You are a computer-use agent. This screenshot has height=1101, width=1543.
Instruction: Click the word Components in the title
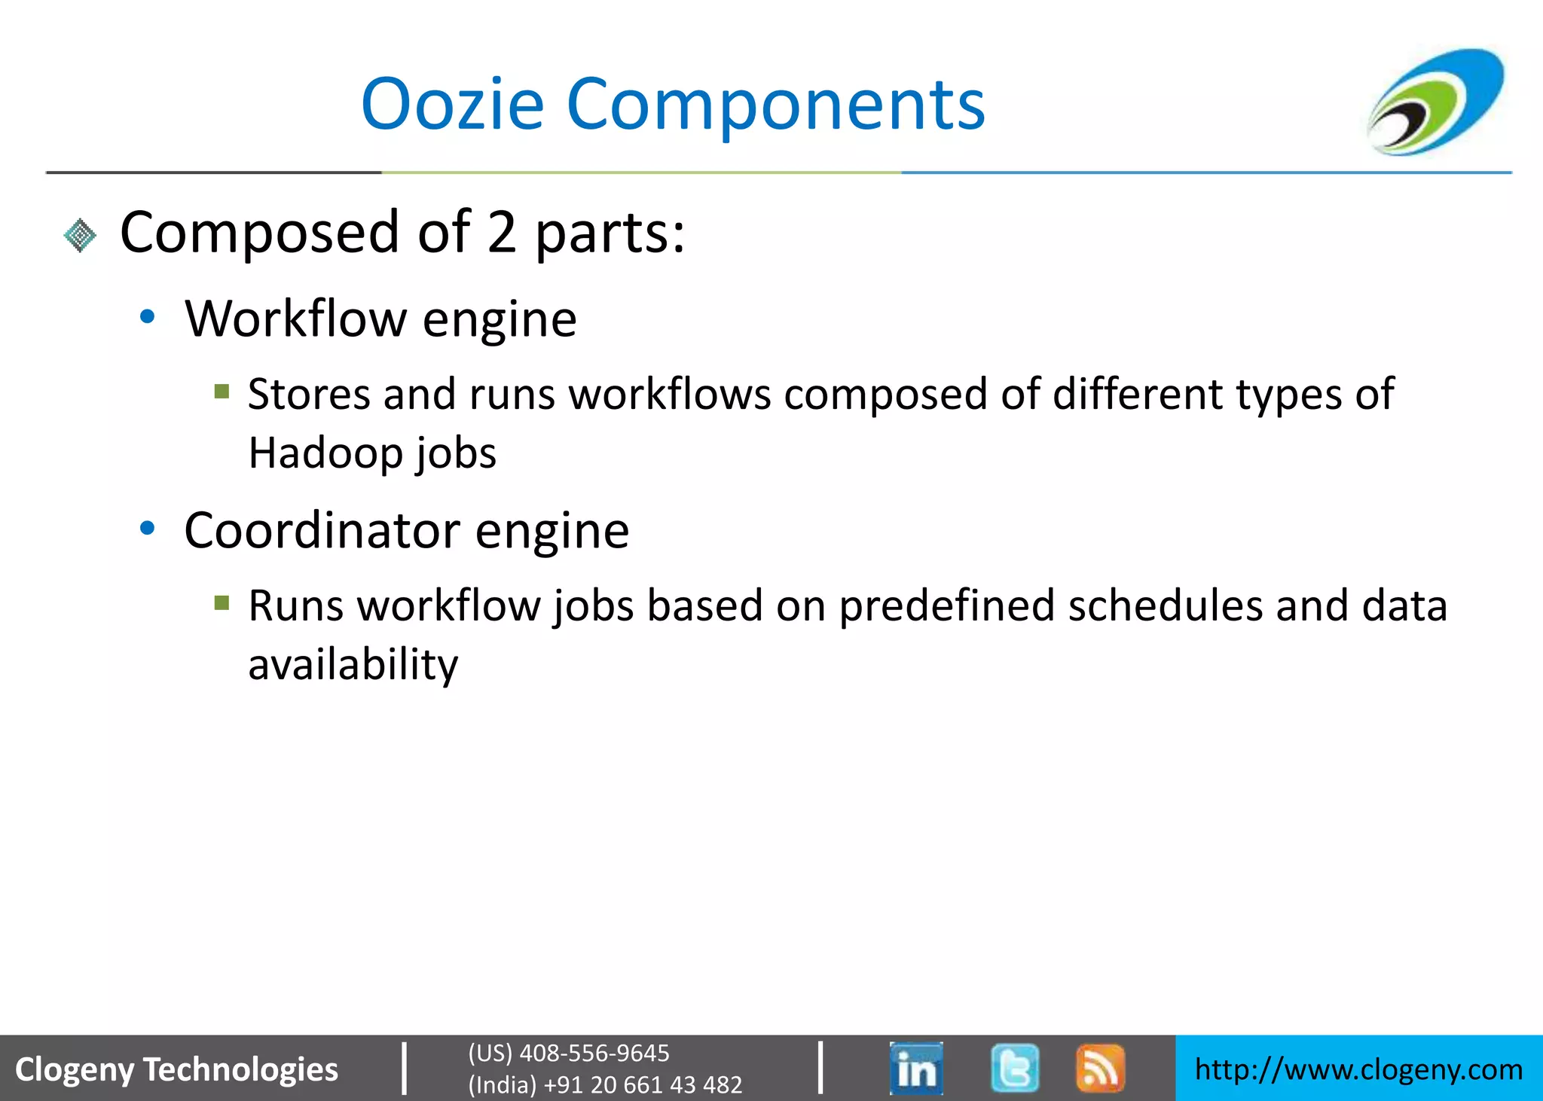(x=775, y=106)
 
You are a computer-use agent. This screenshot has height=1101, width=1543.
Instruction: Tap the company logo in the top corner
(x=1436, y=102)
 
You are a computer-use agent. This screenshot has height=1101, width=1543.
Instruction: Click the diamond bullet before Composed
(x=80, y=235)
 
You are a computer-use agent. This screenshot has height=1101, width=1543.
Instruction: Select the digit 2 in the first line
(x=502, y=233)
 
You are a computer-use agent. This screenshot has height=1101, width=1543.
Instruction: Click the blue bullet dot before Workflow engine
(x=148, y=317)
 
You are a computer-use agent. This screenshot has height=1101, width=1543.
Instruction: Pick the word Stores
(x=309, y=394)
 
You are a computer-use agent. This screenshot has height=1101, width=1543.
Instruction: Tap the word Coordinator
(x=322, y=531)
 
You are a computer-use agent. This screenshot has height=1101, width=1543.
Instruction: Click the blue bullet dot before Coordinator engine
(x=148, y=529)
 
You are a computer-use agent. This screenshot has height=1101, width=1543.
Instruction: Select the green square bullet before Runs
(x=222, y=602)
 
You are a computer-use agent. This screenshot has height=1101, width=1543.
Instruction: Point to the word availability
(x=353, y=665)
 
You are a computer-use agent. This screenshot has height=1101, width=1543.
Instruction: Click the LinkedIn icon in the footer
(x=916, y=1068)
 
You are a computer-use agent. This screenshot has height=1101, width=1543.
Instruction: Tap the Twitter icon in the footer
(x=1015, y=1068)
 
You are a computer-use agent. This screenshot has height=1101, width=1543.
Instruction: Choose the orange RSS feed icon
(x=1100, y=1068)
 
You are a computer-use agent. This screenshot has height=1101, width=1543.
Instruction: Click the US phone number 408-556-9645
(x=594, y=1053)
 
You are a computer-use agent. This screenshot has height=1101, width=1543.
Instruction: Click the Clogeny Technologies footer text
(x=177, y=1069)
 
